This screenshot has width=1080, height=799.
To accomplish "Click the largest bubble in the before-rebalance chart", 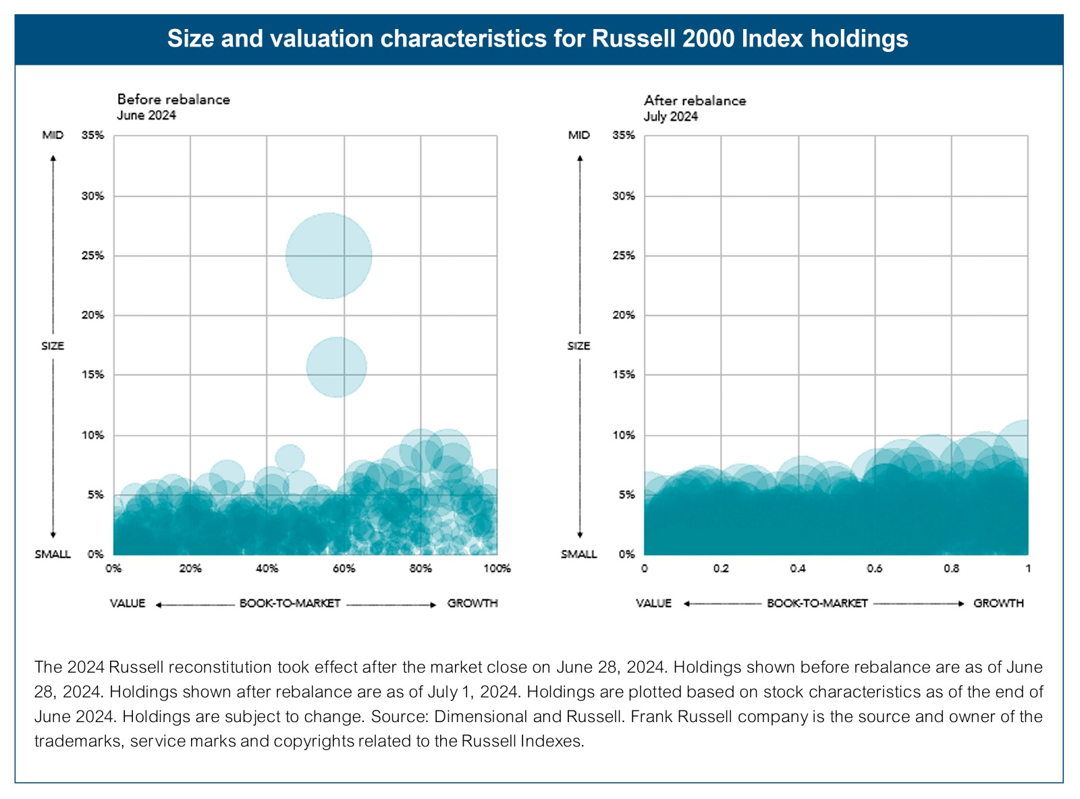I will tap(328, 256).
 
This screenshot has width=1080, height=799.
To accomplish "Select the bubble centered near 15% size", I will tap(336, 367).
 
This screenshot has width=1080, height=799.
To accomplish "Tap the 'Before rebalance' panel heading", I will tap(173, 99).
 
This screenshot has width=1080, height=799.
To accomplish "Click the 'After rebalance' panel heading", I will tap(695, 101).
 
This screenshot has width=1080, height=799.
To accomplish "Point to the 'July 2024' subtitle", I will tap(670, 116).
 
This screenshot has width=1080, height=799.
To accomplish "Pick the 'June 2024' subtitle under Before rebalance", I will tap(146, 115).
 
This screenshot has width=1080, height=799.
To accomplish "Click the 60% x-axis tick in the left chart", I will tap(344, 568).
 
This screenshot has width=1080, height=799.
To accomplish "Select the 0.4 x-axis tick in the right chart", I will tap(798, 568).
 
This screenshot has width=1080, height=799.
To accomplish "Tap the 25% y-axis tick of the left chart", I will tap(93, 256).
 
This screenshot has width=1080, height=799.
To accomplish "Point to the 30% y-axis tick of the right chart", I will tap(624, 196).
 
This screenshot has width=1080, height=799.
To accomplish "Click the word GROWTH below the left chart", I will tap(473, 603).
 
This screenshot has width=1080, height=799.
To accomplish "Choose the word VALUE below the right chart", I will tap(653, 603).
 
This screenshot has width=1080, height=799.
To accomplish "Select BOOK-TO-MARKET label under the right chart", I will tap(817, 603).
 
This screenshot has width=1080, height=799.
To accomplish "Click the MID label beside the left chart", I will tap(53, 135).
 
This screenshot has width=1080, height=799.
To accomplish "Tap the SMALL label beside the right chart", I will tap(578, 554).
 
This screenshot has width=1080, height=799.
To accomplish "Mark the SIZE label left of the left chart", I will tap(53, 346).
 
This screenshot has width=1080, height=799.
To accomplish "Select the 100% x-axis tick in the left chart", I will tap(497, 568).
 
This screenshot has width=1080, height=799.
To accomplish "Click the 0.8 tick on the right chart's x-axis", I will tap(951, 568).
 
